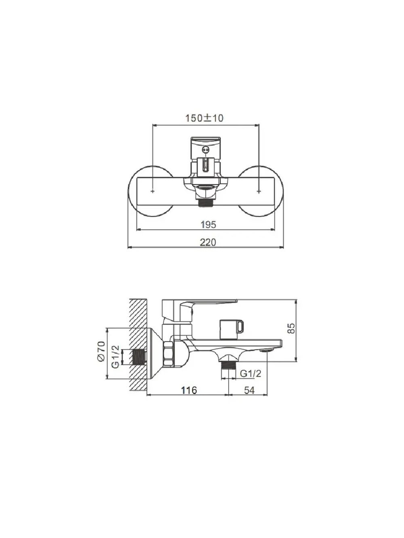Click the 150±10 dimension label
(x=204, y=118)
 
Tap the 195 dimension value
(x=208, y=224)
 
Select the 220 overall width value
(x=208, y=243)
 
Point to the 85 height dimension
(x=291, y=328)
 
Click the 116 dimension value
(x=189, y=390)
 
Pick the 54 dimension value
(x=249, y=390)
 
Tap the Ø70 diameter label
(x=101, y=351)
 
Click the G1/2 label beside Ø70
(x=115, y=357)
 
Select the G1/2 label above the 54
(x=250, y=374)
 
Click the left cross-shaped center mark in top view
(x=153, y=191)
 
